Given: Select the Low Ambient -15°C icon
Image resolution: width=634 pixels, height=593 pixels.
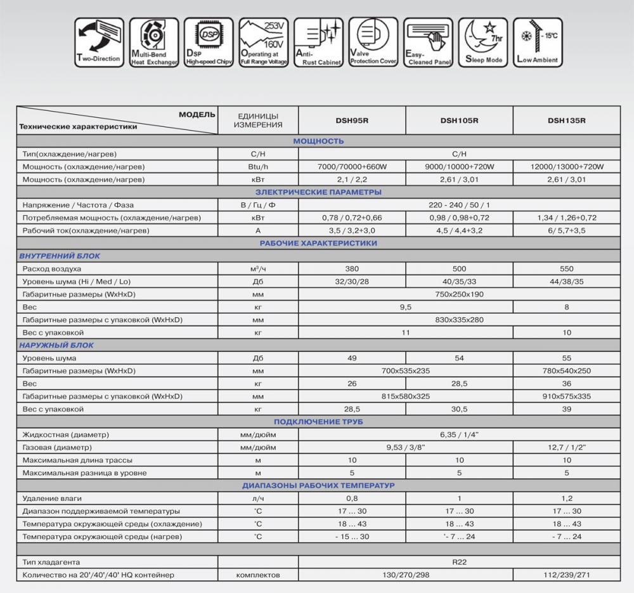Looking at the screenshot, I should click(538, 41).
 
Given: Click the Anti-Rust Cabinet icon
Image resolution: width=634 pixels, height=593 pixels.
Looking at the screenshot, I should click(318, 41).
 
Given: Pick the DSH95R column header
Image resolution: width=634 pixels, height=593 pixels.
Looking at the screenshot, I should click(351, 121).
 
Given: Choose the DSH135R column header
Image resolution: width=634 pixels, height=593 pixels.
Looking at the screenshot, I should click(566, 121).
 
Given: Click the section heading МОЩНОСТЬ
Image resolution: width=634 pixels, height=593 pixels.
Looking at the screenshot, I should click(318, 141).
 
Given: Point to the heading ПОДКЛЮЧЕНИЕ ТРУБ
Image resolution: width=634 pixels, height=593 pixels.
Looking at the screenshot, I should click(318, 422).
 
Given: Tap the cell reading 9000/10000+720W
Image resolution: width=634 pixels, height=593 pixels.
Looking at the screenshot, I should click(459, 167).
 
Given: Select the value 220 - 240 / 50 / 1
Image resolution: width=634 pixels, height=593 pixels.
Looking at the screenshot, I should click(459, 205).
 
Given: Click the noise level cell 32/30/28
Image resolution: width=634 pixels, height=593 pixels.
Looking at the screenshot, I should click(351, 282).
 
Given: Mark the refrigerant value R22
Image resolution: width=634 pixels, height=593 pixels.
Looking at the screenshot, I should click(459, 562).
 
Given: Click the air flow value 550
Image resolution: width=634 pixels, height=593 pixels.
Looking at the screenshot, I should click(566, 269).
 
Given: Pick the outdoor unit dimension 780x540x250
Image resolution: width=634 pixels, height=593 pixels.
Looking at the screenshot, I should click(566, 371).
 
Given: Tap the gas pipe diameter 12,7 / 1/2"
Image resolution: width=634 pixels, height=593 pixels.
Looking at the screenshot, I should click(566, 447).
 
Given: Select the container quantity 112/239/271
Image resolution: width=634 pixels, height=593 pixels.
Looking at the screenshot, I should click(566, 575).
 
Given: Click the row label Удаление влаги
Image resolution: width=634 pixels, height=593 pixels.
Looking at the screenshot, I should click(52, 499).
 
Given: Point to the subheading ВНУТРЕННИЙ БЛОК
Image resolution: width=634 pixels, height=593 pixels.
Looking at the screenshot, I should click(56, 256).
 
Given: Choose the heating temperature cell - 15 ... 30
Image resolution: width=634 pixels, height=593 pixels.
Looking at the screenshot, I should click(351, 537).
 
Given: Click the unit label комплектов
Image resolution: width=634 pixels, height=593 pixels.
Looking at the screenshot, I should click(257, 575).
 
